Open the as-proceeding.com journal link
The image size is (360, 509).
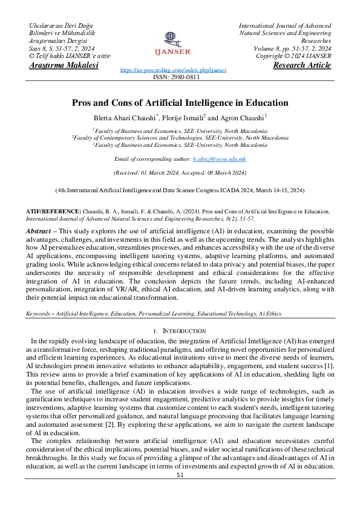(x=173, y=70)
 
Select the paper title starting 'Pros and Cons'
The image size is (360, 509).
(x=180, y=103)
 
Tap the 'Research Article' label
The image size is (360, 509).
(x=302, y=65)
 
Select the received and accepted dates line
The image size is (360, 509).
(x=180, y=172)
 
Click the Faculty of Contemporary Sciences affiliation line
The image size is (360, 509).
(x=180, y=137)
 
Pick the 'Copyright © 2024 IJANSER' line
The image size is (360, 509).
(x=293, y=56)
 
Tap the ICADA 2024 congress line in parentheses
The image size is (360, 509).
(x=180, y=190)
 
